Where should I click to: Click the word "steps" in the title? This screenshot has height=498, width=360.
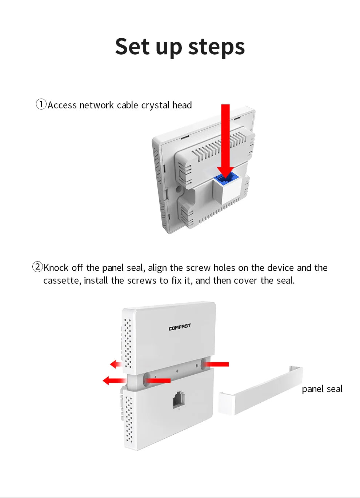[216, 48]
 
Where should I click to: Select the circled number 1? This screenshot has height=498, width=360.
[41, 104]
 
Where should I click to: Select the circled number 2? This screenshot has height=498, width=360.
[37, 267]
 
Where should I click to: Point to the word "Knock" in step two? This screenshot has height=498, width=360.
[56, 268]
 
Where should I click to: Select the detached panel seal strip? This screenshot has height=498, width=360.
[261, 391]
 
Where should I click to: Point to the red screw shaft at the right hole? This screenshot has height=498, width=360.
[216, 364]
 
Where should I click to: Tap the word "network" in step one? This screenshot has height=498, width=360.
[96, 105]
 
